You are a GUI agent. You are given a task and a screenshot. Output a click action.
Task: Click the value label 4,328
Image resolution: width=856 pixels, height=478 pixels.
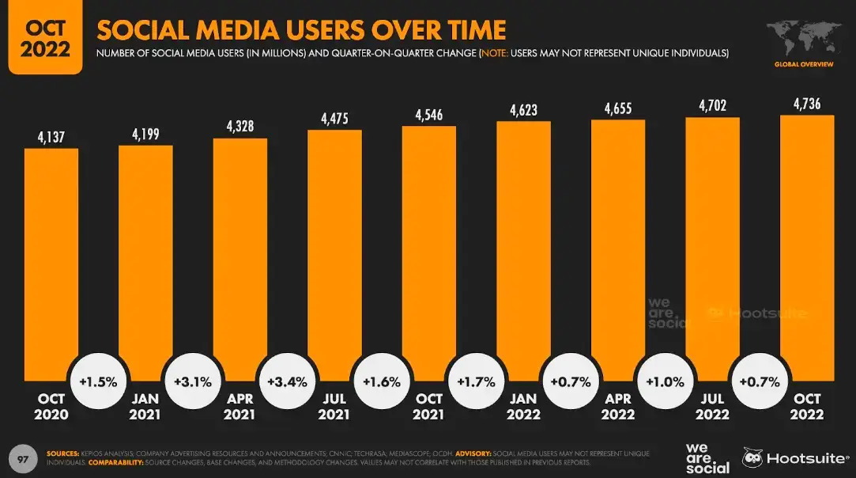pos(240,126)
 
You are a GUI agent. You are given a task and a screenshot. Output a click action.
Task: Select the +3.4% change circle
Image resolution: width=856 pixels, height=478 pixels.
pos(288,381)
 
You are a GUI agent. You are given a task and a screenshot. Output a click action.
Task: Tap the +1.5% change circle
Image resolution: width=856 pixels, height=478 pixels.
pos(99,381)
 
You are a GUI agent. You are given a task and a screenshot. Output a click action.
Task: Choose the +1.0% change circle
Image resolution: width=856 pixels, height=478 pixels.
pos(665,381)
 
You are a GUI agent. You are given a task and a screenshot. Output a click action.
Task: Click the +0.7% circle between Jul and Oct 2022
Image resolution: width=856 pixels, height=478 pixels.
pos(760,381)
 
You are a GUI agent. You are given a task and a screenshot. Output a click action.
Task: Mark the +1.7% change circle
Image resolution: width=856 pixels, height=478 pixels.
pos(476,381)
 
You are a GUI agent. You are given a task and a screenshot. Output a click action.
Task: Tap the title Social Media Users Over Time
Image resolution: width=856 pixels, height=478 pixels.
pos(301,30)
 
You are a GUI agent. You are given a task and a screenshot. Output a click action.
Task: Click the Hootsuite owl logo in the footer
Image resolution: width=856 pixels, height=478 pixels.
pos(753,457)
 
